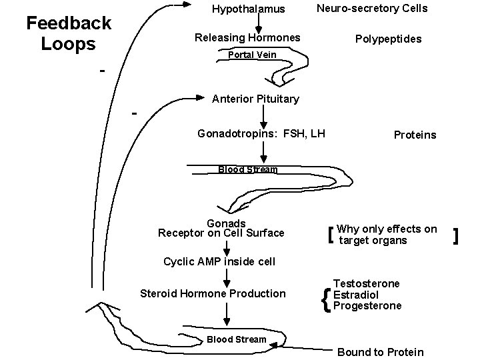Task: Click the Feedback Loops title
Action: point(68,33)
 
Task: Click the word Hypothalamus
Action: point(248,9)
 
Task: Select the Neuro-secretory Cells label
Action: point(372,8)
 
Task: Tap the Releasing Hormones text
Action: point(247,37)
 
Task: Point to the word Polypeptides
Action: point(388,39)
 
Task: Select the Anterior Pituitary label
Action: point(255,99)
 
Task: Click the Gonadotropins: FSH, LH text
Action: point(261,133)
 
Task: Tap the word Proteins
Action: point(415,135)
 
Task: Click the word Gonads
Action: point(227,223)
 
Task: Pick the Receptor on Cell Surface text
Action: point(221,233)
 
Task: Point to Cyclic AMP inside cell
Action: point(219,261)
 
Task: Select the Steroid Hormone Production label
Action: point(213,293)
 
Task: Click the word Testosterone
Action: point(367,283)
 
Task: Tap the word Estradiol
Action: point(357,294)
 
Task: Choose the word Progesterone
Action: point(367,305)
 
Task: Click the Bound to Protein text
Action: point(380,351)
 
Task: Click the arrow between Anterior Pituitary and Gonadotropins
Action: point(264,116)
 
